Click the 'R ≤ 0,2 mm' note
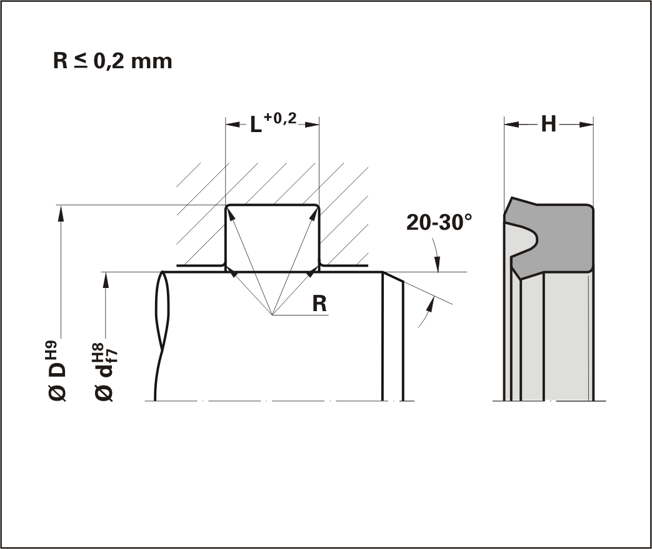point(113,61)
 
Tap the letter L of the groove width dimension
point(256,125)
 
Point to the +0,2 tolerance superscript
point(280,118)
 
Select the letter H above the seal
point(548,124)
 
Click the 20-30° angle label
point(439,222)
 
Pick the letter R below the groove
point(319,304)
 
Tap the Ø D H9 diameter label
point(58,371)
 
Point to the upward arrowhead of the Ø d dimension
point(106,280)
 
